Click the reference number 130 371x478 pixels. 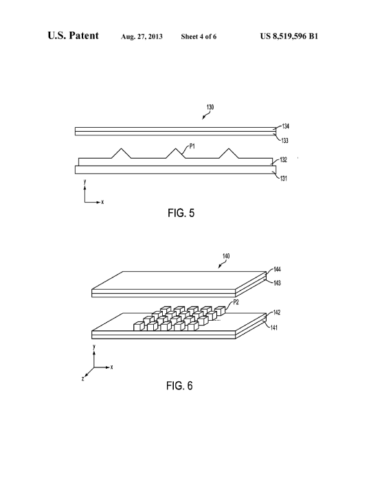[x=210, y=107]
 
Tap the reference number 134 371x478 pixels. [x=285, y=126]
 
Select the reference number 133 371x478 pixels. [x=284, y=141]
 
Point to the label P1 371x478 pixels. [x=192, y=146]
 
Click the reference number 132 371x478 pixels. [x=284, y=160]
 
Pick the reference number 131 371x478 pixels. [x=284, y=179]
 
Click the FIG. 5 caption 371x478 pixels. [x=181, y=213]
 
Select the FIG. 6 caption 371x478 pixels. [x=179, y=386]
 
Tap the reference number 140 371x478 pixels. [x=226, y=256]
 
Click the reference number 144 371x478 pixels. [x=277, y=269]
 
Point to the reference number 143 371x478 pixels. [x=277, y=283]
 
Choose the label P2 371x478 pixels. [x=236, y=302]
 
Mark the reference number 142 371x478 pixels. [x=277, y=312]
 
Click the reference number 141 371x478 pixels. [x=274, y=328]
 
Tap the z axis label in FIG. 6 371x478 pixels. [x=82, y=379]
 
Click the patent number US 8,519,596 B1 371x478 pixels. [x=289, y=36]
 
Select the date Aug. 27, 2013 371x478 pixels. [x=142, y=36]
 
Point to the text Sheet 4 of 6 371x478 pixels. [x=199, y=36]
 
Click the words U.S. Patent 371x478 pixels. [x=73, y=35]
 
